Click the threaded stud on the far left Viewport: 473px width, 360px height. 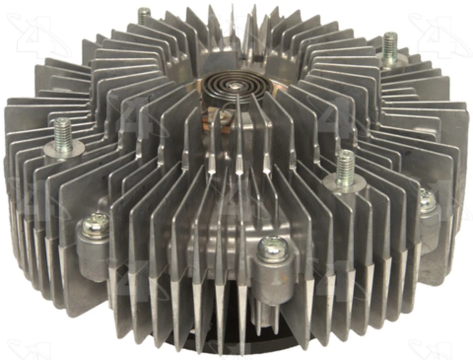63,130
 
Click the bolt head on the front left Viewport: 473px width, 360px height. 95,225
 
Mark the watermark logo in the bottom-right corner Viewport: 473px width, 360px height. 429,348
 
